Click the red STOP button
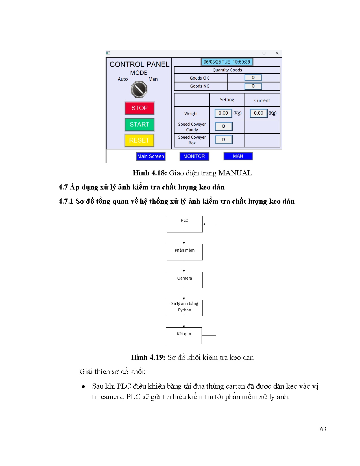pos(139,108)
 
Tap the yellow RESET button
pos(139,140)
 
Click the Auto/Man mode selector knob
pos(139,89)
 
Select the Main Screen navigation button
pos(150,156)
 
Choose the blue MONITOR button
pos(194,156)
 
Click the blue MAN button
pos(238,156)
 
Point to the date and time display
pos(227,62)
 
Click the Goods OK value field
pos(253,78)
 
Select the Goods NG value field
pos(253,86)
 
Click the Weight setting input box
pos(223,113)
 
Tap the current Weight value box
pos(258,113)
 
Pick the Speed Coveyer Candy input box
pos(223,126)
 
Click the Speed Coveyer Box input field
pos(223,140)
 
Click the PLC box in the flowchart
pos(185,224)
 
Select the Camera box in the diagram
pos(185,280)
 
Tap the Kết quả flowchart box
pos(184,336)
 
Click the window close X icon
pos(277,53)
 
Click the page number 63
pos(323,429)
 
